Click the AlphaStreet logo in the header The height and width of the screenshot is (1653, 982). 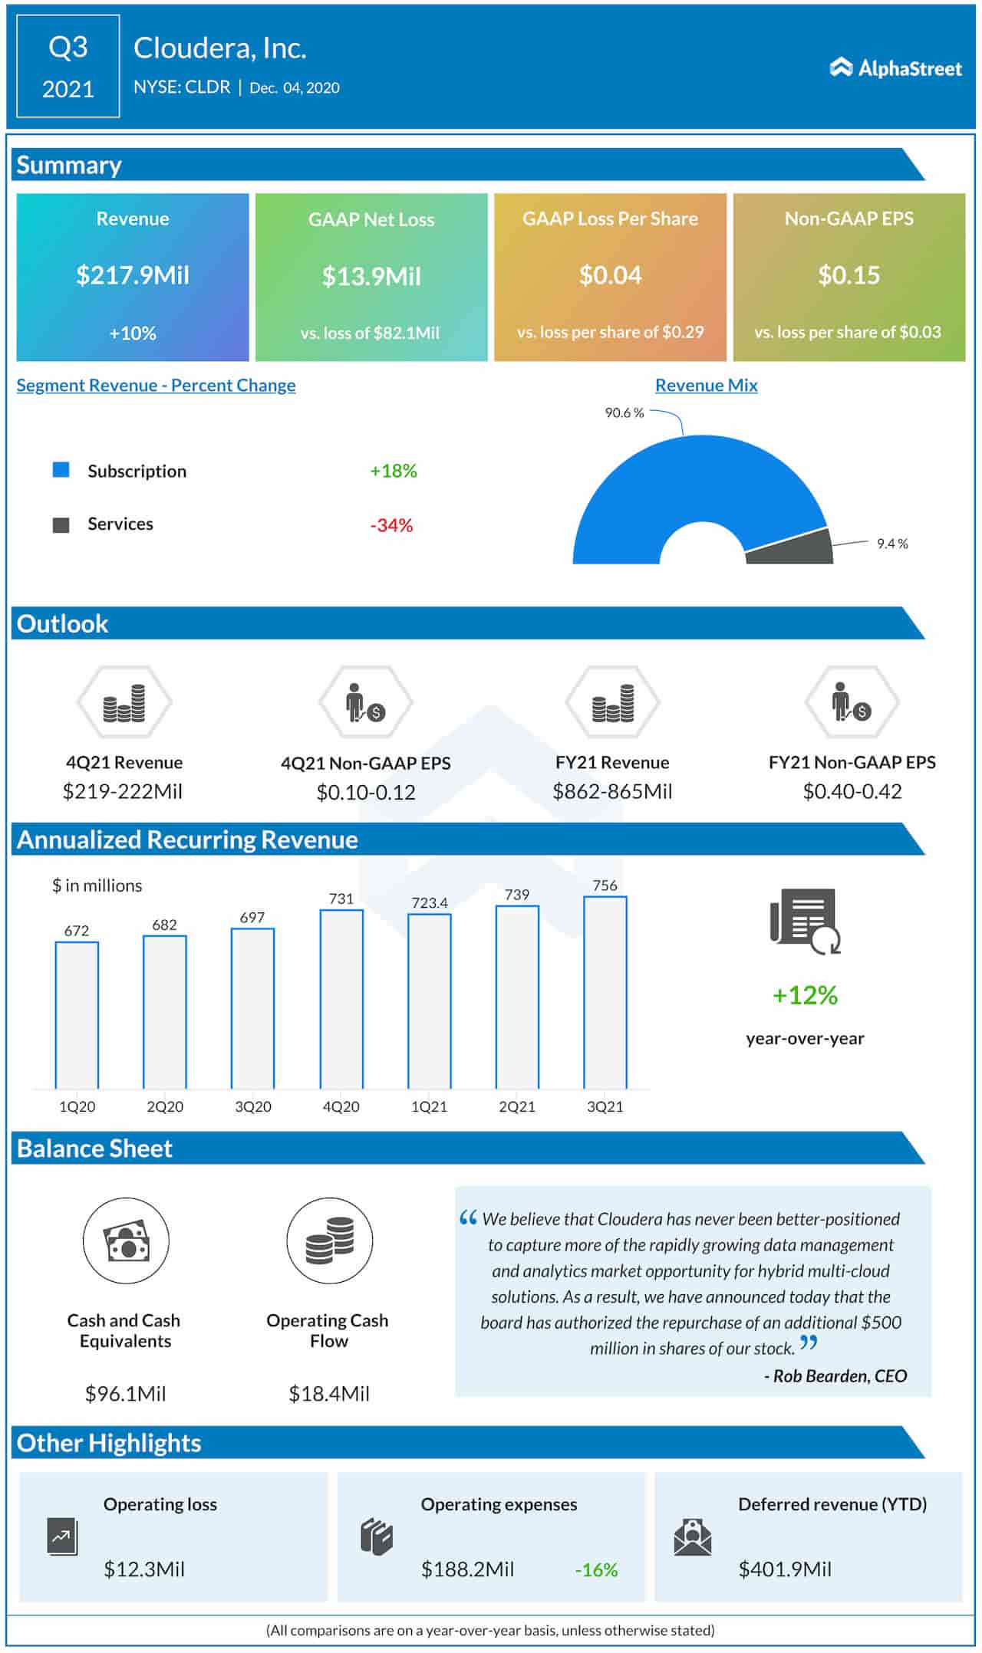pos(895,68)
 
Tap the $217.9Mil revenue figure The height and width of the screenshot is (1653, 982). pos(132,275)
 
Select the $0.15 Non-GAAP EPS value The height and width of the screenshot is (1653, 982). pos(849,275)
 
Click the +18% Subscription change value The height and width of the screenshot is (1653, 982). pos(393,471)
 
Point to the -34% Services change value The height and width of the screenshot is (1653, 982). pos(391,525)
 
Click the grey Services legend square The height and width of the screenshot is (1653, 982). pos(61,525)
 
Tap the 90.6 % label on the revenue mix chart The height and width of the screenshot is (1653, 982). pos(624,412)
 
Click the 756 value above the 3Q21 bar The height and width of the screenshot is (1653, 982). pos(605,885)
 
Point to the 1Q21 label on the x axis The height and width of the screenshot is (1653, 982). pos(429,1106)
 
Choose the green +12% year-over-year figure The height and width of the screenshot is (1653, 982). pos(805,995)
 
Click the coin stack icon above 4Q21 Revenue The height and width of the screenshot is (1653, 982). pos(124,702)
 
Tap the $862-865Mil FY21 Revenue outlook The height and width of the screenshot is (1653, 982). pos(612,791)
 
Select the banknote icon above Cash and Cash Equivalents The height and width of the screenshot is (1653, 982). pos(126,1241)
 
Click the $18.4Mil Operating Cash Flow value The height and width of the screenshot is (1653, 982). pos(328,1393)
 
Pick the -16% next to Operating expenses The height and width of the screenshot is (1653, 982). pos(596,1569)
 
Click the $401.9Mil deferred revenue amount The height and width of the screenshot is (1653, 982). pos(784,1569)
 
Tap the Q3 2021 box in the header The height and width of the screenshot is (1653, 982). pos(68,67)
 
